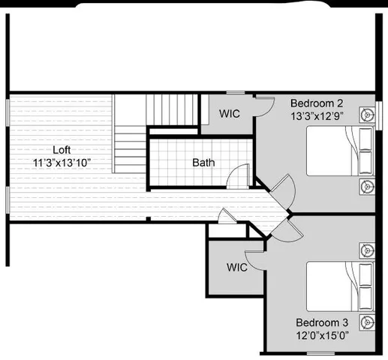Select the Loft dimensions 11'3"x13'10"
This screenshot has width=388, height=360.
point(62,162)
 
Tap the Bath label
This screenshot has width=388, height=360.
point(203,162)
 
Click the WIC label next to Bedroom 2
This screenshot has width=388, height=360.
point(230,114)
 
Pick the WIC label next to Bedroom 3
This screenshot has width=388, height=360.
point(237,267)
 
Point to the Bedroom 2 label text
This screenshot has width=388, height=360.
point(317,103)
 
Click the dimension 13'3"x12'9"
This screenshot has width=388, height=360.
point(317,116)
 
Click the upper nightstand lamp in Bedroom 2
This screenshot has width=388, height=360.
point(366,115)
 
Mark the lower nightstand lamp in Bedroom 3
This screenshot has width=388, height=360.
point(366,322)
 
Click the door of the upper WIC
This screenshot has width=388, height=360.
point(260,106)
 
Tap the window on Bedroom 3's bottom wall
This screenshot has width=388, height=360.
point(321,353)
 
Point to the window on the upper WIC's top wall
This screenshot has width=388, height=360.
point(236,93)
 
